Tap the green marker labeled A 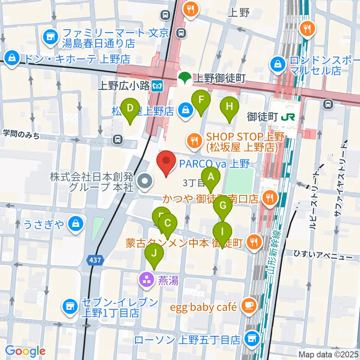(211, 177)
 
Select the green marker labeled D (130, 109)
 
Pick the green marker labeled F (201, 100)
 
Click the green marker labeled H (229, 107)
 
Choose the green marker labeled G (223, 206)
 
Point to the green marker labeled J (154, 253)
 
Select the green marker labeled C (168, 224)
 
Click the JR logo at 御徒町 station (289, 117)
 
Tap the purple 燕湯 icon (146, 279)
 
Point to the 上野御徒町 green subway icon (184, 78)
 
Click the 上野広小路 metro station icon (157, 86)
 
